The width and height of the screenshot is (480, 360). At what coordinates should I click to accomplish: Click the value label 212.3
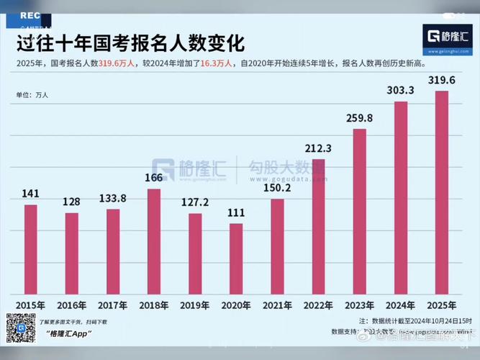point(317,148)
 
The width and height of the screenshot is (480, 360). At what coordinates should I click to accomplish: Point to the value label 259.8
point(359,117)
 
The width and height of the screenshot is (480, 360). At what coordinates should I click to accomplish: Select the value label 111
point(236,213)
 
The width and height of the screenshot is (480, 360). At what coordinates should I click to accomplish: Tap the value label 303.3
point(400,91)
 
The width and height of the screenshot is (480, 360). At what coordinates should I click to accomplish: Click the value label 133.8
point(112,198)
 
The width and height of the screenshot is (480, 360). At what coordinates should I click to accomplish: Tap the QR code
point(20,328)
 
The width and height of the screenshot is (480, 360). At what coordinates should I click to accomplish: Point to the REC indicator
point(30,14)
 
